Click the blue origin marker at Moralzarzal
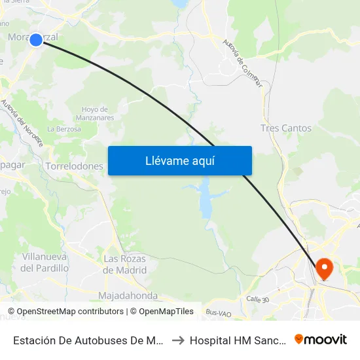(36, 40)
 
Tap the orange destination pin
(324, 268)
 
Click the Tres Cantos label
(285, 128)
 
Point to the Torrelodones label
(75, 166)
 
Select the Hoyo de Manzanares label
(98, 113)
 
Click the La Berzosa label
(64, 130)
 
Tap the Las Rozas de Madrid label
(125, 264)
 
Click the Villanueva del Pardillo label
(45, 262)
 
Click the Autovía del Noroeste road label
(22, 122)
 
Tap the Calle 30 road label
(257, 298)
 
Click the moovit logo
(321, 339)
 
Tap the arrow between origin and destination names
(177, 340)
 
